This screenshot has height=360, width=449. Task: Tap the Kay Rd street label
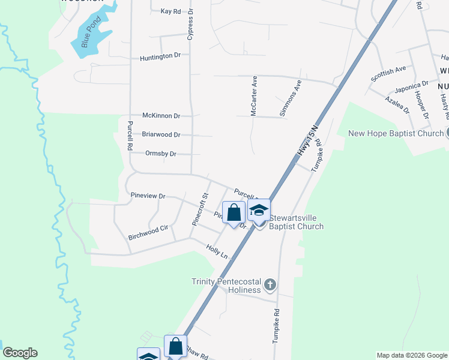(170, 11)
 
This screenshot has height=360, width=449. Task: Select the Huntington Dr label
(160, 56)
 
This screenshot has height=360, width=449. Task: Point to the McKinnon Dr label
(161, 115)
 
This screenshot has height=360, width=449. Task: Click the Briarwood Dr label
(161, 135)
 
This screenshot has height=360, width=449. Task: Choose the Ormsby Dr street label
(161, 154)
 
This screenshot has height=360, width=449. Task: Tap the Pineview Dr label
(148, 196)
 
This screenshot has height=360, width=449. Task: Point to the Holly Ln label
(217, 251)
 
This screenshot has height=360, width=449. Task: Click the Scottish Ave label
(388, 74)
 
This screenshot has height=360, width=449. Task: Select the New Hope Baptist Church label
(396, 133)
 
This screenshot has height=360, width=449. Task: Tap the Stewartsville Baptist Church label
(296, 222)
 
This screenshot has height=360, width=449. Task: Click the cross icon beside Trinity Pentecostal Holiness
(270, 284)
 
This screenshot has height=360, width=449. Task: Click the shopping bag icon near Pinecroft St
(234, 212)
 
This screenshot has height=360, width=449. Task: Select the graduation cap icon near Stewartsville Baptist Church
(259, 211)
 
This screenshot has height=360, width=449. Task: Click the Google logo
(20, 353)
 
